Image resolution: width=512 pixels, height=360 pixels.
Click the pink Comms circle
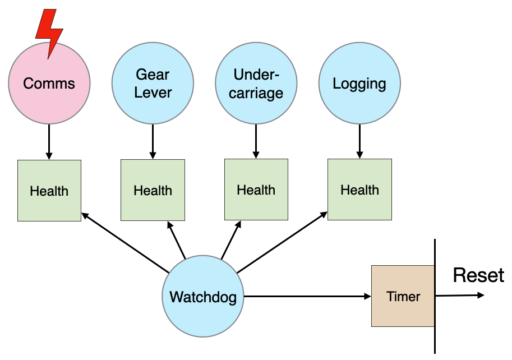49,84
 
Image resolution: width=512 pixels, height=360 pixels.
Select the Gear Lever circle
153,84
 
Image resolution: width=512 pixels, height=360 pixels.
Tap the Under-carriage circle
256,84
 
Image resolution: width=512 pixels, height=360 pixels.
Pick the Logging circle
359,84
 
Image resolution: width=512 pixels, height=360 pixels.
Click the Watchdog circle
203,297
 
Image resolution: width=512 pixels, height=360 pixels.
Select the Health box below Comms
49,191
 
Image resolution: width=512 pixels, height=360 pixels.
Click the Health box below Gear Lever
153,190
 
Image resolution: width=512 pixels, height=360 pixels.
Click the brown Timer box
403,296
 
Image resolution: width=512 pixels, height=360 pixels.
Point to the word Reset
478,275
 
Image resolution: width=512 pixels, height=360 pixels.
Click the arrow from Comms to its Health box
49,142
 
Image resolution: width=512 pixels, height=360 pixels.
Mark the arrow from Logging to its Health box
359,141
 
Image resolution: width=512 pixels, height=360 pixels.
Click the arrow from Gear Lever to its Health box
153,141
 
